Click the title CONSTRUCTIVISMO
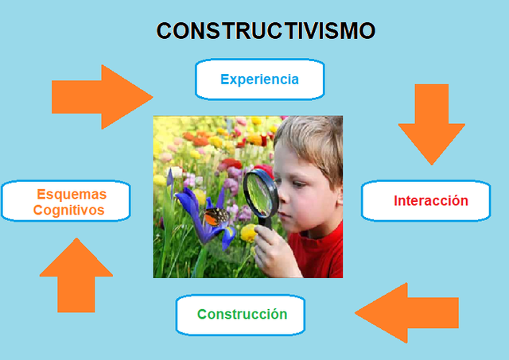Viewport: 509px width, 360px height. pos(266,31)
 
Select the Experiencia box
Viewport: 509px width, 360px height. pos(260,79)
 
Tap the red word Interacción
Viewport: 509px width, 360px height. pos(430,201)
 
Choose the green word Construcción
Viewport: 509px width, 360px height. pos(242,314)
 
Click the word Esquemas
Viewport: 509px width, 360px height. pos(72,195)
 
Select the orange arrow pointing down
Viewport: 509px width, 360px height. pos(431,123)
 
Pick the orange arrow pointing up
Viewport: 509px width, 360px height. pos(76,275)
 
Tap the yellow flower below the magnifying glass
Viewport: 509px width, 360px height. pos(249,232)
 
